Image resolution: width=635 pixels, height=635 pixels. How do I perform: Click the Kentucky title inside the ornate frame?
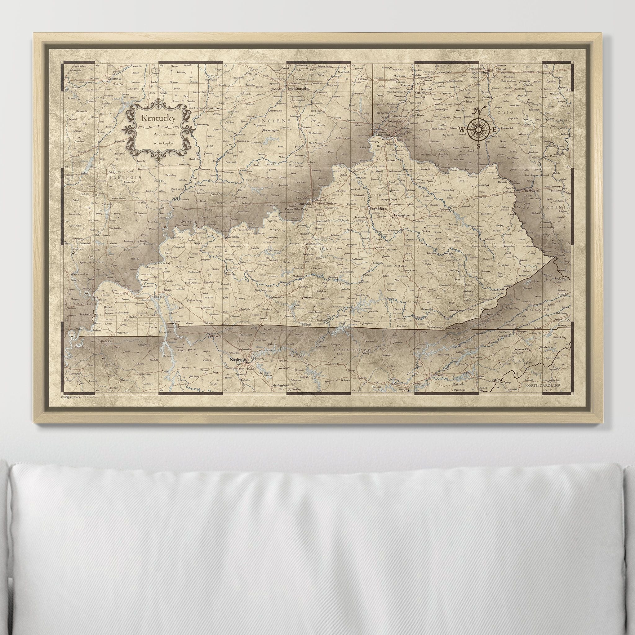[158, 119]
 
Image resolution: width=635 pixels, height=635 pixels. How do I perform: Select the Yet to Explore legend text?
[160, 144]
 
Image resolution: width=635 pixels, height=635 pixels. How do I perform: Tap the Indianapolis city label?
[299, 88]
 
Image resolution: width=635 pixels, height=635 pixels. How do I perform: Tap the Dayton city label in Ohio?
[406, 85]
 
